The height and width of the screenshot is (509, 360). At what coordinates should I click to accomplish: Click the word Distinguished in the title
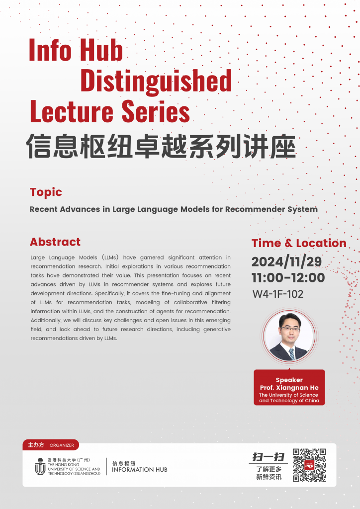click(156, 81)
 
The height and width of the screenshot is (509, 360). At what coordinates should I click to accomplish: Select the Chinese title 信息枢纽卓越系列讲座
click(161, 146)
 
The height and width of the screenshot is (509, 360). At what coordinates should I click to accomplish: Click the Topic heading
click(46, 192)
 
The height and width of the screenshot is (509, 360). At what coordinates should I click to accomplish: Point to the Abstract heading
click(55, 242)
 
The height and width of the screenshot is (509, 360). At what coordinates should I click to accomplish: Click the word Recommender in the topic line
click(255, 209)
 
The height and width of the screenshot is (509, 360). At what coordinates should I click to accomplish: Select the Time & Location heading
click(299, 243)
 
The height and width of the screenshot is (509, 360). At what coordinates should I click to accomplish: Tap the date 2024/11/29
click(286, 261)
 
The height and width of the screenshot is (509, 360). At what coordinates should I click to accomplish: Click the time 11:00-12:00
click(288, 277)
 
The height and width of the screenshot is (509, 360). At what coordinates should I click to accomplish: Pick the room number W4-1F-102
click(278, 294)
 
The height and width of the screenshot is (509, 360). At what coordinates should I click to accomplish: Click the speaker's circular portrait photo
click(289, 337)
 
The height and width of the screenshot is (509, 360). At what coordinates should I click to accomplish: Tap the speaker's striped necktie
click(291, 353)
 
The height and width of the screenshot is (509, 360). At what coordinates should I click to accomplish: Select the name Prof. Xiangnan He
click(289, 388)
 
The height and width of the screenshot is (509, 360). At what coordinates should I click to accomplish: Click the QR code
click(309, 465)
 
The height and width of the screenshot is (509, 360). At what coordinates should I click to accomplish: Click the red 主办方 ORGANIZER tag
click(51, 445)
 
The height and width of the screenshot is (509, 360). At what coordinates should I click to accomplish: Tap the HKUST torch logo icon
click(40, 466)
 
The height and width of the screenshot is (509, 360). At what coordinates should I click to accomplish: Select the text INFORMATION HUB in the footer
click(140, 470)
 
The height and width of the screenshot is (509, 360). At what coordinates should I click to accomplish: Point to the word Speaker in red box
click(289, 380)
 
